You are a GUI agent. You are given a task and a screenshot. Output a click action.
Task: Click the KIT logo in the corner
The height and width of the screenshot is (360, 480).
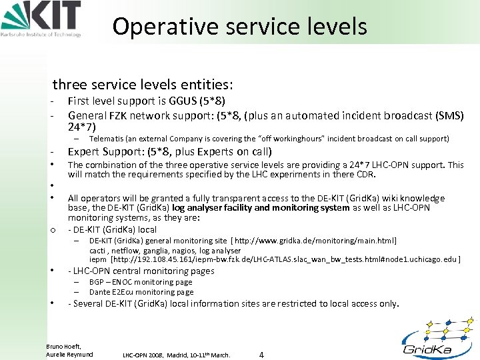(x=41, y=19)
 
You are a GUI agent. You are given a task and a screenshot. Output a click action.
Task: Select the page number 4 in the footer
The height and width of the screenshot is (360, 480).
(x=261, y=355)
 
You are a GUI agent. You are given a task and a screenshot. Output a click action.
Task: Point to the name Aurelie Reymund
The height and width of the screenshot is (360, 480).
(x=69, y=354)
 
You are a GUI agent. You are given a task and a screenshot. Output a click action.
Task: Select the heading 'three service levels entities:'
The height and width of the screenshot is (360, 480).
(x=143, y=85)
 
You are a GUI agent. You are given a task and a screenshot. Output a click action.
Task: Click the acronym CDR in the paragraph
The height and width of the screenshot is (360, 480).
(x=366, y=175)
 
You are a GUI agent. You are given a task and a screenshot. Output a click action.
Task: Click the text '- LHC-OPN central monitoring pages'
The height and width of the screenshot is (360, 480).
(x=141, y=271)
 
